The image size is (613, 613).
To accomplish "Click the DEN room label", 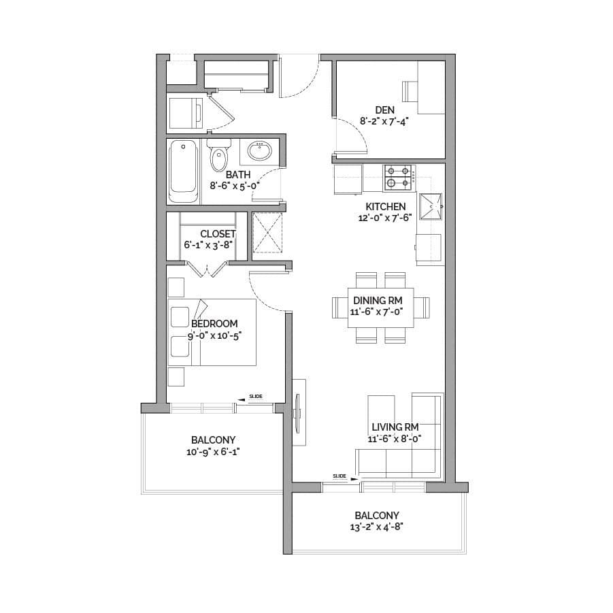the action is coord(384,110).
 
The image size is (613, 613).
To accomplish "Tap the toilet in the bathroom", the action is coord(218,155).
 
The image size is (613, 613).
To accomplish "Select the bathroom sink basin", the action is coord(259,151).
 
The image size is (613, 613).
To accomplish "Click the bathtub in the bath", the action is coord(183,171).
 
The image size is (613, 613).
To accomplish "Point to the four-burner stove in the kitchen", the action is coord(399,178).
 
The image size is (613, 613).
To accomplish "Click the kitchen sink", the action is coord(431,206).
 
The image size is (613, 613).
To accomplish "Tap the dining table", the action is coord(381,308).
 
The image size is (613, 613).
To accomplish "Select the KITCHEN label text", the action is coord(386,206).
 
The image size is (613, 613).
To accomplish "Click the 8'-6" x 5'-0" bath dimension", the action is coord(235,186).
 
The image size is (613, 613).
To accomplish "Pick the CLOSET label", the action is coord(218,234).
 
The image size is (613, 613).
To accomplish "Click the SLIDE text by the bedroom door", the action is coord(256,397).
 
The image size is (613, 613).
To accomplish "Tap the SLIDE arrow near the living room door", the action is coord(354,479).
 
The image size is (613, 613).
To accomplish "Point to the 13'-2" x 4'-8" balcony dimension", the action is coord(376,527).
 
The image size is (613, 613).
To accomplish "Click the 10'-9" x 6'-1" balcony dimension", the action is coord(213,452).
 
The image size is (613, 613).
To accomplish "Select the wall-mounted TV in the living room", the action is coord(297,413).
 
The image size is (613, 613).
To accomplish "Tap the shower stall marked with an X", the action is coord(267,233).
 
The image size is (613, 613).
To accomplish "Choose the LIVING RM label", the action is coord(395,427).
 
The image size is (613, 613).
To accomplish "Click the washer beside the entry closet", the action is coord(186,112).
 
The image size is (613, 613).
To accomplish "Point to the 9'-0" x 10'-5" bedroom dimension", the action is coord(214,336).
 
